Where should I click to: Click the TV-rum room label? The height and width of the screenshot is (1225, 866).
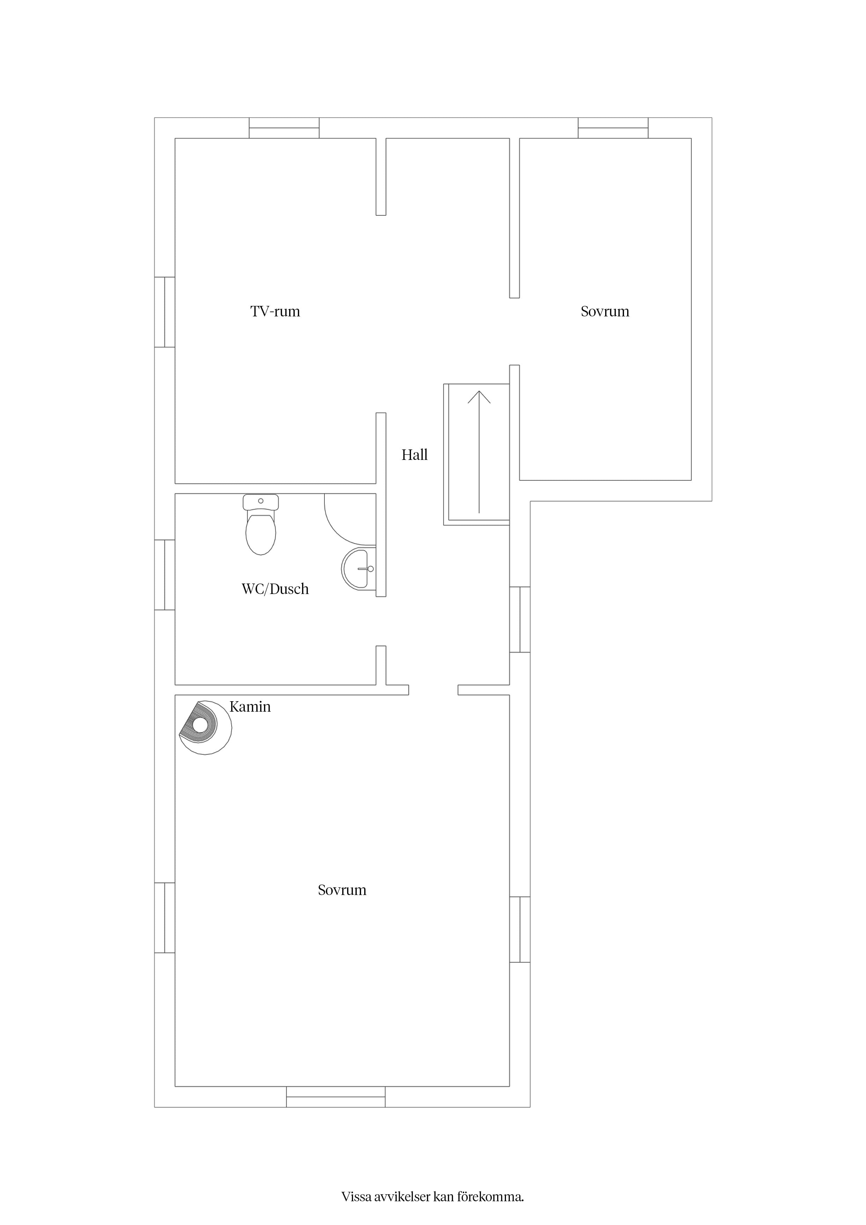275,311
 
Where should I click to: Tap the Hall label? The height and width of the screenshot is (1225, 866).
414,455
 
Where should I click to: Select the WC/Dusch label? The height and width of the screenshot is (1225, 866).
275,589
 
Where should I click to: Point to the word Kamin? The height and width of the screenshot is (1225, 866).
250,707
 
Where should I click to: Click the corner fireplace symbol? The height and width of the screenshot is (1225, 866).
205,728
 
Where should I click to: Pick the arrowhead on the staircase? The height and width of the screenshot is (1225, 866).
479,397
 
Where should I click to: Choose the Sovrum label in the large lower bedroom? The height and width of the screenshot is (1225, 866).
342,890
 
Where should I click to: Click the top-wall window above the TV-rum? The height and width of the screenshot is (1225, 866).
284,128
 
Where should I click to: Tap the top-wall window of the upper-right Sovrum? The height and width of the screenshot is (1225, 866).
613,128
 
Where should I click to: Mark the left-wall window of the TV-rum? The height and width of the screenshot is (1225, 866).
165,312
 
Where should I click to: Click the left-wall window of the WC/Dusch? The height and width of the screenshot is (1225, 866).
165,575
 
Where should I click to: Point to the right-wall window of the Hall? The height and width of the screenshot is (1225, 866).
520,619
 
